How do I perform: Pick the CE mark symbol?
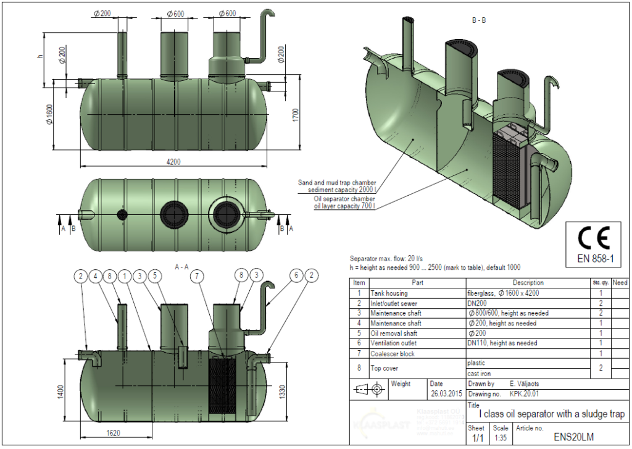coord(593,238)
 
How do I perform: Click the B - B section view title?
coord(478,20)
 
